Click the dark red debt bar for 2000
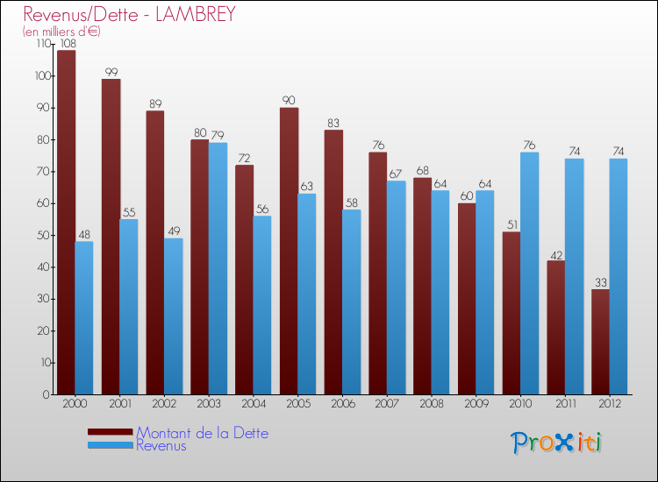pos(66,223)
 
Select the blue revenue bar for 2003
pos(218,268)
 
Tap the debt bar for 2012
pos(600,342)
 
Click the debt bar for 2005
pos(289,251)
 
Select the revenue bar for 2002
pos(173,316)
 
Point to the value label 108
pos(67,44)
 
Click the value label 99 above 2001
pos(111,73)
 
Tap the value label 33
pos(600,282)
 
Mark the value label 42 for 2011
pos(556,254)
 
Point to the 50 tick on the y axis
pos(42,235)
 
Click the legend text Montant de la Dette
pos(202,433)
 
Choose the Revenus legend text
pos(161,445)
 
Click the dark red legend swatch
pos(111,432)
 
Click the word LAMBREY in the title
pos(197,15)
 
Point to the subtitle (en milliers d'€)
pos(62,32)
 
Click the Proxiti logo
pos(556,443)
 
